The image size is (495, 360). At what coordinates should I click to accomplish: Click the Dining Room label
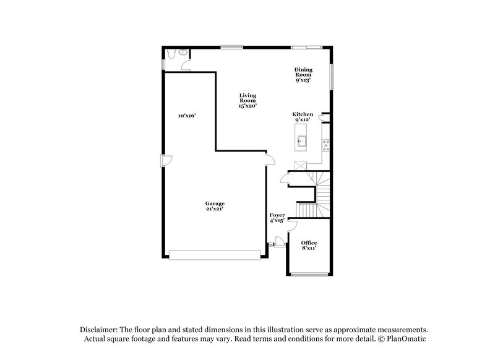(x=303, y=74)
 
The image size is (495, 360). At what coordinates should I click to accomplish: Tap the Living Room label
(x=247, y=100)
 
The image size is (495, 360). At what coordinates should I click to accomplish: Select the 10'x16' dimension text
(x=186, y=116)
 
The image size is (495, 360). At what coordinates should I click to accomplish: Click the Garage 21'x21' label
(x=215, y=206)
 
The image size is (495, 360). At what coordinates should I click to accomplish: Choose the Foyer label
(x=276, y=217)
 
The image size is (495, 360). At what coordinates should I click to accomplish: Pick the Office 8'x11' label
(x=309, y=245)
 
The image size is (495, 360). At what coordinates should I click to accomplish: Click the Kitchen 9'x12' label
(x=303, y=117)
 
